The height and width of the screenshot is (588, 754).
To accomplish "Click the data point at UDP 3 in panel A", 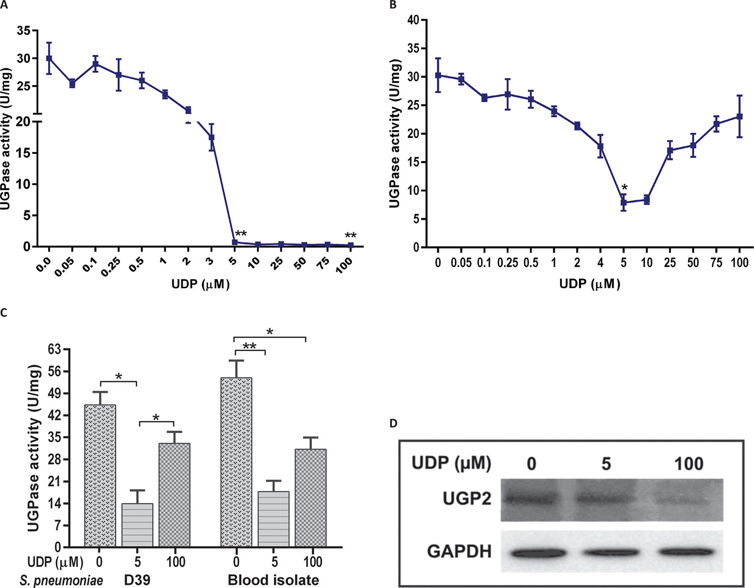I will coord(212,137).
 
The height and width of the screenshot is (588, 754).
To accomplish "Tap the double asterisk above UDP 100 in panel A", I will coord(350,236).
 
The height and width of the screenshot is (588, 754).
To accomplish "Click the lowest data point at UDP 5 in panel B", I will coord(623,203).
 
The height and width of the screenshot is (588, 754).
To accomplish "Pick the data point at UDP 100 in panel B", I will coord(739,116).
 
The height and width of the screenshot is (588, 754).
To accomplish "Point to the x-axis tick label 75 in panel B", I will coord(716,263).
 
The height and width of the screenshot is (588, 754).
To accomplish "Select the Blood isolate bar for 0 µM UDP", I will coord(236,462).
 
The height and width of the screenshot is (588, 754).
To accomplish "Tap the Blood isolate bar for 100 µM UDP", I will coord(311,497).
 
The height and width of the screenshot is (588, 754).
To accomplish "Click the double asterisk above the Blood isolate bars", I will coord(249,347).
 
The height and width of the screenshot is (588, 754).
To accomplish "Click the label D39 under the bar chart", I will coord(137,580).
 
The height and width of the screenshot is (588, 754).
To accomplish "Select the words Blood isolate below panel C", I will coord(273,580).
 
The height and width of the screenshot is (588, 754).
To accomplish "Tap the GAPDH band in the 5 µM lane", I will coord(606,552).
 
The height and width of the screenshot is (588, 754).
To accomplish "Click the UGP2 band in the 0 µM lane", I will coord(532,500).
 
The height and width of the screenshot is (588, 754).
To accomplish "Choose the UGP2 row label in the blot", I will coord(466,499).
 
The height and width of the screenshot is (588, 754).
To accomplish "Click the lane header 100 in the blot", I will coord(688,463).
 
